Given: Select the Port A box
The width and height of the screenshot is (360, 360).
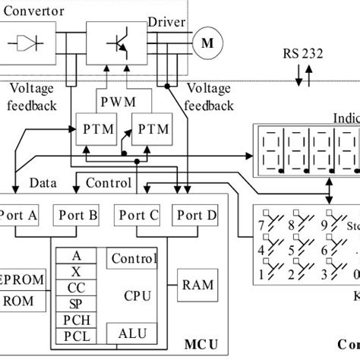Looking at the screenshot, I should tap(21, 216).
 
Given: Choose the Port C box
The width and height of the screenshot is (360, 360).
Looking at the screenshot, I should tap(137, 216).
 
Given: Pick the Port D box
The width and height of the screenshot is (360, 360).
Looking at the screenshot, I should tap(194, 216).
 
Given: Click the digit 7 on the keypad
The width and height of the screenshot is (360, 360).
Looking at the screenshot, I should tap(262, 225).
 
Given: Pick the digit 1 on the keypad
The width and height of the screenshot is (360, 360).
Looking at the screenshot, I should tap(262, 273).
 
